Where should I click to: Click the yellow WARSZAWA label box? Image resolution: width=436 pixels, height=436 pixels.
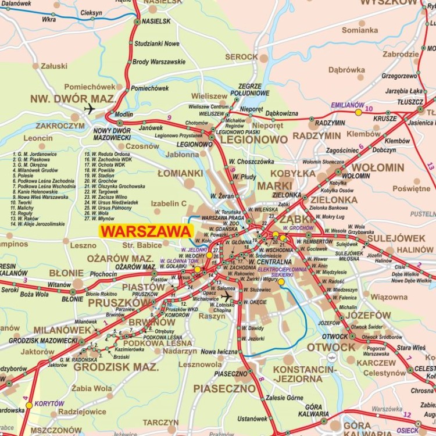coord(145,231)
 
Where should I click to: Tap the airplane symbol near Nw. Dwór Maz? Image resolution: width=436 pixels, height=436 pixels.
coord(90,109)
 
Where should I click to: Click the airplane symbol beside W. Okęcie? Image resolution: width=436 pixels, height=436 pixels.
coord(227,296)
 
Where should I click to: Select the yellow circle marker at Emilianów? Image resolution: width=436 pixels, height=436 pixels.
coord(359,112)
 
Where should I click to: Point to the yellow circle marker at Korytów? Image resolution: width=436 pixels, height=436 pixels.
coord(29,405)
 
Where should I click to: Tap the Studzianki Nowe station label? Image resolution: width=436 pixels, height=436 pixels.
coord(157,44)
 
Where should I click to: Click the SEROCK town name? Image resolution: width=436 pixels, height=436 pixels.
coord(241,57)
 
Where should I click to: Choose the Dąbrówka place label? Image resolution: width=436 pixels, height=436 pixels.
coord(346,70)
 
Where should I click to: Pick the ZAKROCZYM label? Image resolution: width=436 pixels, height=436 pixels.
coord(60,125)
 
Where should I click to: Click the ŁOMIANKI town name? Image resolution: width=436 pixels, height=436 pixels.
coord(180,173)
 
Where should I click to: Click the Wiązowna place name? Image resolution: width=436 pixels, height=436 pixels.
coord(389,297)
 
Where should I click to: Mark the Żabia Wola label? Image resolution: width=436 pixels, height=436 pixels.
coord(92,388)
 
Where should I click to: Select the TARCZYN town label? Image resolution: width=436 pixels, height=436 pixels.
coord(161,422)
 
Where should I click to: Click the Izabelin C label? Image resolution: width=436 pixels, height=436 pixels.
coord(169,203)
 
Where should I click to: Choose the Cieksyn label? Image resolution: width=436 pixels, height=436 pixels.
coord(91,12)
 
